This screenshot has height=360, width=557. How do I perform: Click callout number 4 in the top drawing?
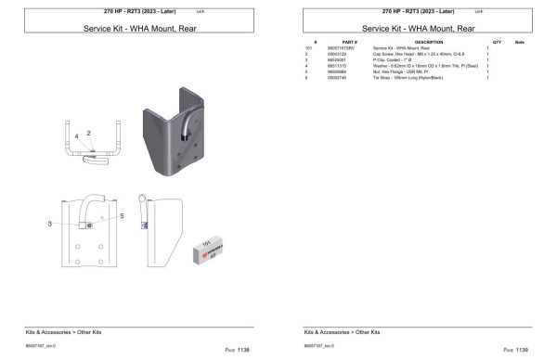tap(77, 137)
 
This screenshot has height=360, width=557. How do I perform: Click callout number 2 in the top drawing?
tap(89, 133)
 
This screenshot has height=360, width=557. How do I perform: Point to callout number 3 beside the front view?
tap(49, 224)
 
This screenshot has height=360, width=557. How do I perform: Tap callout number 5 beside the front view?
tap(122, 215)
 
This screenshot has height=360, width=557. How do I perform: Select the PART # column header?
tap(349, 43)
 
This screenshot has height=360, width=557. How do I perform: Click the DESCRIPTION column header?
tap(428, 43)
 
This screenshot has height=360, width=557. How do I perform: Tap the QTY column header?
tap(497, 43)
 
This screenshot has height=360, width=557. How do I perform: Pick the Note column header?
tap(519, 43)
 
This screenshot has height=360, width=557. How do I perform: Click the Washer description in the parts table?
tap(418, 66)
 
